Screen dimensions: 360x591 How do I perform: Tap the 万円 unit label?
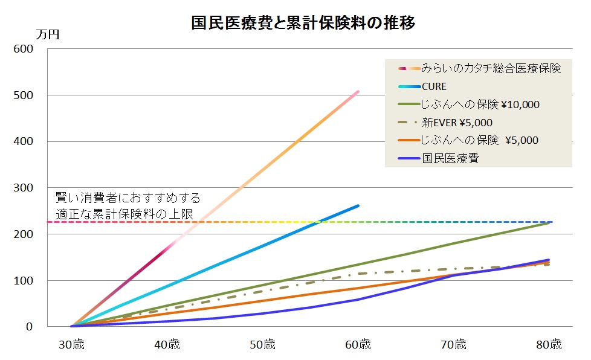click(48, 34)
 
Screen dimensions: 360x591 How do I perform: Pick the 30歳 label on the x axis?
click(71, 345)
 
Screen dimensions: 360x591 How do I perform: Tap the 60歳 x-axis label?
click(358, 345)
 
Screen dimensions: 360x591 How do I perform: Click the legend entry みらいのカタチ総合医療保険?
click(491, 68)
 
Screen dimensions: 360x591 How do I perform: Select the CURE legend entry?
click(434, 86)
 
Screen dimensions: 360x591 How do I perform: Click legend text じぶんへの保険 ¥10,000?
click(480, 104)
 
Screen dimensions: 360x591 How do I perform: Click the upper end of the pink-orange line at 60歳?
click(358, 92)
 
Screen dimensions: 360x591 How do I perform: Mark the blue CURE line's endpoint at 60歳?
click(358, 205)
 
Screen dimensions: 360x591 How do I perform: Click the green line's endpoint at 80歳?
click(550, 223)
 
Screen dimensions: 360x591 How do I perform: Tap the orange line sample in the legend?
click(409, 141)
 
